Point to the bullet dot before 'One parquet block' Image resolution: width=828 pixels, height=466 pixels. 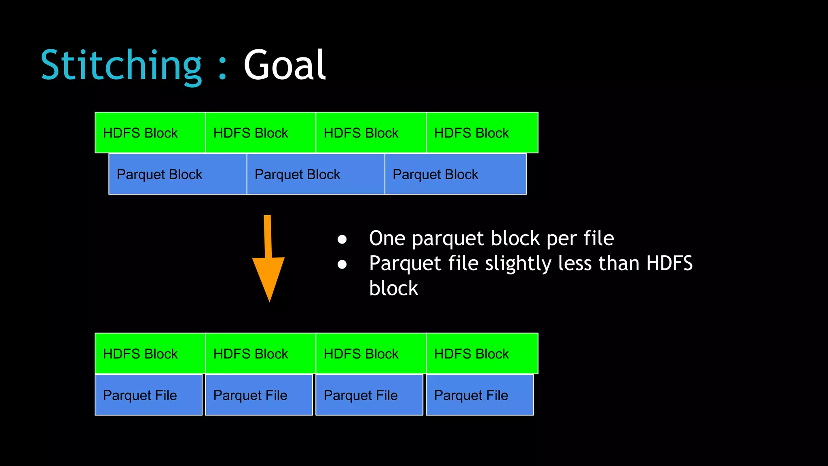[342, 239]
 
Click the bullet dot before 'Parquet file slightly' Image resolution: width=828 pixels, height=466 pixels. [342, 265]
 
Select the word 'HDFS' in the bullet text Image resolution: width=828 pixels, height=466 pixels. [669, 263]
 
